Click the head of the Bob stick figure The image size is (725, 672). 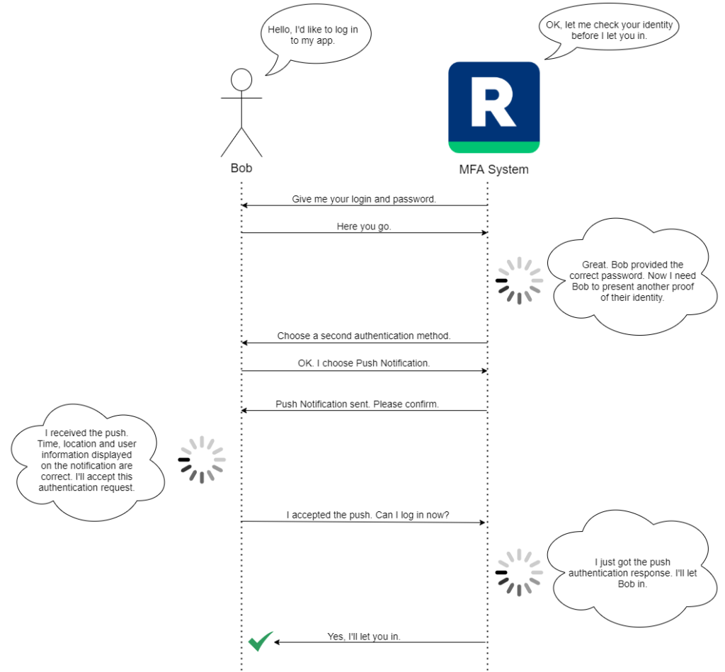pyautogui.click(x=241, y=79)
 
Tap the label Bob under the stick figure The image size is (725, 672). pyautogui.click(x=241, y=169)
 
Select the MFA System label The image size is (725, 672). pyautogui.click(x=493, y=170)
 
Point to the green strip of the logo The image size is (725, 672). pyautogui.click(x=493, y=147)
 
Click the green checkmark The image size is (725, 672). pyautogui.click(x=260, y=641)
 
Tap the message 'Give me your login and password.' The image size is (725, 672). pyautogui.click(x=364, y=200)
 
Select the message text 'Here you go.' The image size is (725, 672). pyautogui.click(x=364, y=227)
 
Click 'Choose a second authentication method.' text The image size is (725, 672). pyautogui.click(x=364, y=336)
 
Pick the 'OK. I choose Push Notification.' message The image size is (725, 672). pyautogui.click(x=364, y=363)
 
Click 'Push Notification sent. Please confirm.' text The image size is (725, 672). pyautogui.click(x=357, y=404)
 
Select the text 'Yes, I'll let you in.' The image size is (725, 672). pyautogui.click(x=364, y=637)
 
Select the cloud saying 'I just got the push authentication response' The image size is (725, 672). pyautogui.click(x=632, y=572)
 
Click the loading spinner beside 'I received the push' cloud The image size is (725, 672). pyautogui.click(x=202, y=460)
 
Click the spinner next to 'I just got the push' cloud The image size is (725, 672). pyautogui.click(x=519, y=572)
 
